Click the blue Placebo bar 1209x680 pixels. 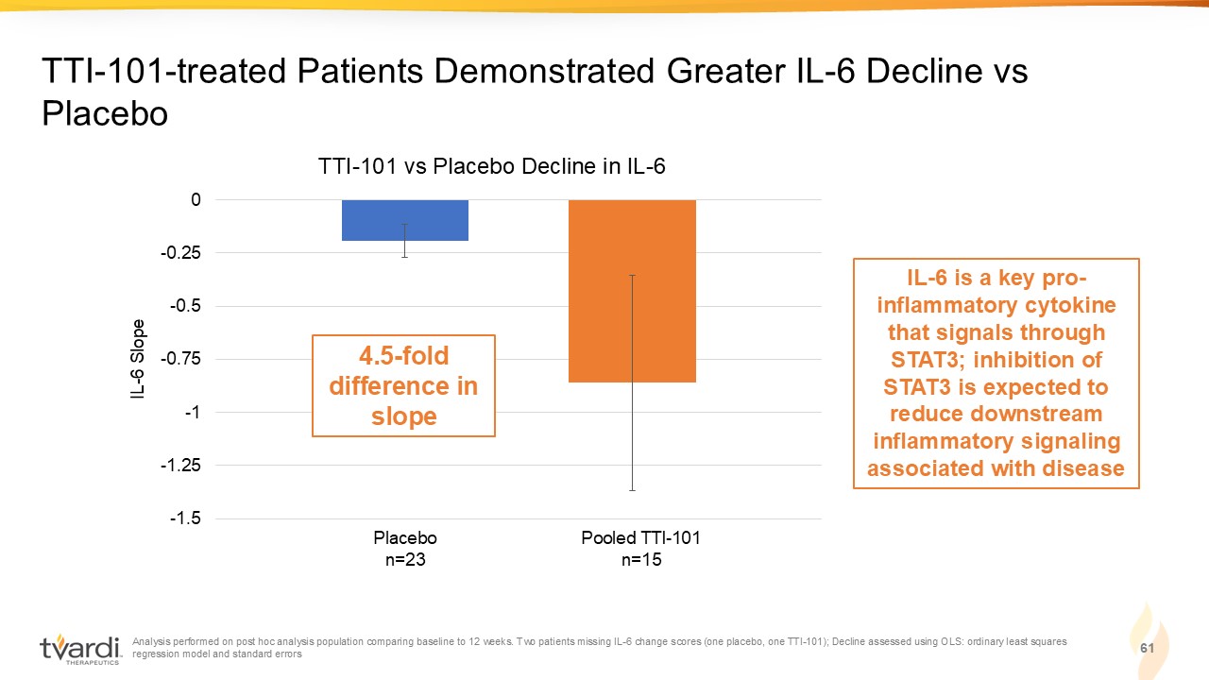405,220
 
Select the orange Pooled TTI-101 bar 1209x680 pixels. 632,291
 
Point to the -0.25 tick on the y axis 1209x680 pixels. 180,252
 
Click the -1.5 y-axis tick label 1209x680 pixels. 185,518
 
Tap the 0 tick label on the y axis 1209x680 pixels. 196,199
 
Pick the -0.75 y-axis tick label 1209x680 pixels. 180,359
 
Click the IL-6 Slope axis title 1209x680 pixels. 138,359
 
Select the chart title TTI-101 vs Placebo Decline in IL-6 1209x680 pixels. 492,166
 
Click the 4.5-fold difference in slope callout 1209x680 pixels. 403,386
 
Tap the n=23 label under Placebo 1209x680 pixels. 405,560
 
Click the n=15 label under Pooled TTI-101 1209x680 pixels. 641,560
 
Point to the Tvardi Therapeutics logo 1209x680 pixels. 80,649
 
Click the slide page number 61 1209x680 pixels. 1147,648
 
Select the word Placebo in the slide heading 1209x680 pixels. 105,113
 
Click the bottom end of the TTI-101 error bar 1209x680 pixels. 633,490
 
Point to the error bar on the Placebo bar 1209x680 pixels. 405,240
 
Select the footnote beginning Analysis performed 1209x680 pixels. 600,648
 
